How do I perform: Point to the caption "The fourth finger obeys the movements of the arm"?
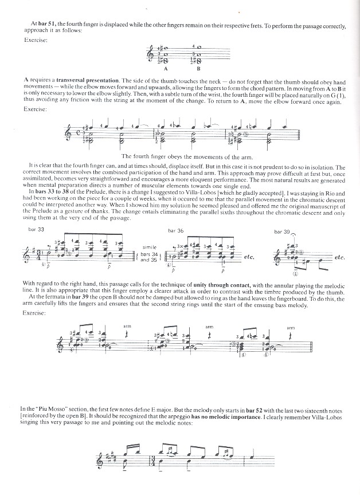click(x=179, y=156)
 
